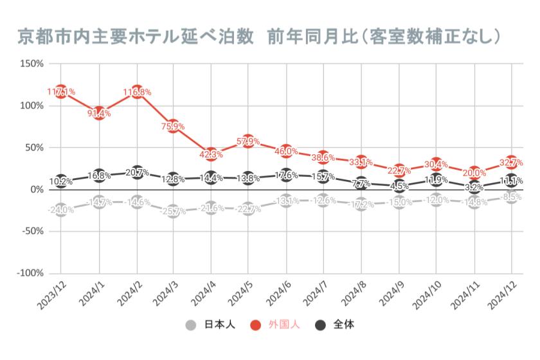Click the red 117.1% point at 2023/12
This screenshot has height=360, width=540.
[x=61, y=92]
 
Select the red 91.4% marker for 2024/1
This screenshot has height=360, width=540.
[x=98, y=113]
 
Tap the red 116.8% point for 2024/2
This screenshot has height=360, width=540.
[x=136, y=92]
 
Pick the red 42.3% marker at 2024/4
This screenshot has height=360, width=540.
[x=212, y=154]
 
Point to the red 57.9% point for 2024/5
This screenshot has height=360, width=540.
[x=249, y=141]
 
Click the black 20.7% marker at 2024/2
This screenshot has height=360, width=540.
[x=136, y=172]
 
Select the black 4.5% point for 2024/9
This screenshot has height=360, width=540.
[x=399, y=186]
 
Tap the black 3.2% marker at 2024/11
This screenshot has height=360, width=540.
[x=474, y=187]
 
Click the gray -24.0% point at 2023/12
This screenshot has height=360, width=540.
[x=61, y=210]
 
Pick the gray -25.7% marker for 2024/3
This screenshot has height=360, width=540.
[x=174, y=211]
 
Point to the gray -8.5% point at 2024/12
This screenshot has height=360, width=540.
[x=512, y=197]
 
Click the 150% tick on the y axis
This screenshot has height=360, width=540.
[x=32, y=64]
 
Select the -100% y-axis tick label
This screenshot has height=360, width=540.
[x=30, y=273]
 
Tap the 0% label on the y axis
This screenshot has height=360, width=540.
[x=36, y=190]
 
